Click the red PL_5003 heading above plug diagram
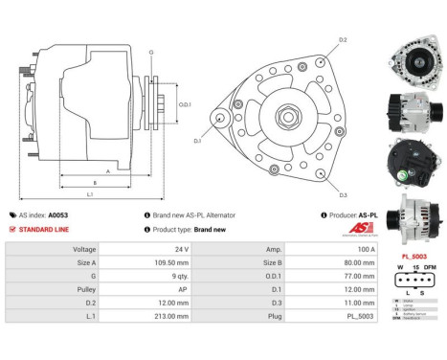(413, 257)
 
